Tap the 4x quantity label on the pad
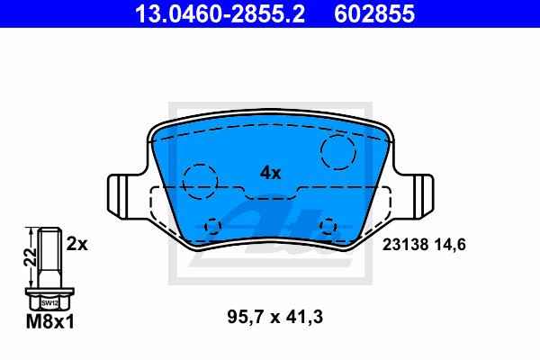coord(270,172)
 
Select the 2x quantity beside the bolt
coord(77,243)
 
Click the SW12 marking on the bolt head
coord(49,303)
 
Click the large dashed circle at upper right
coord(339,152)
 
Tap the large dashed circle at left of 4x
coord(201,180)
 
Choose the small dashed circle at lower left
coord(212,226)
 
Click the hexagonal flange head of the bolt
coord(49,297)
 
